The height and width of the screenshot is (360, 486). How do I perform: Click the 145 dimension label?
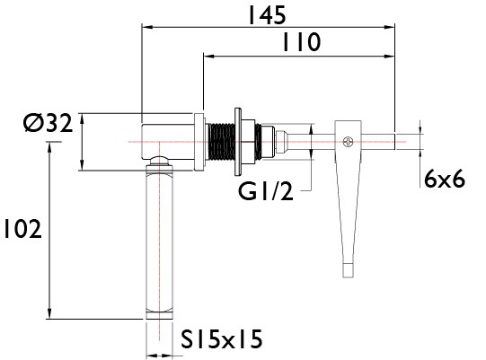click(267, 15)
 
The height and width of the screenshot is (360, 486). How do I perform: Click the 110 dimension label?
click(302, 42)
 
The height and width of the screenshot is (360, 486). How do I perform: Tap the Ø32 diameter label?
click(48, 123)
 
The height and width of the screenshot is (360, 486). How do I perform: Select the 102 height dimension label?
click(22, 229)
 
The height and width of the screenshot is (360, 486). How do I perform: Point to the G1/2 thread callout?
click(266, 191)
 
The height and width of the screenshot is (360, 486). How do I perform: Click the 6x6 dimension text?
click(445, 179)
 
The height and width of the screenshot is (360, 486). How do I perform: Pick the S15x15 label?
click(222, 339)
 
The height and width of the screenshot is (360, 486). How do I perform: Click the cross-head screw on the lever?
click(348, 142)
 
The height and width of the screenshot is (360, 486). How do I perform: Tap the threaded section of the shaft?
click(221, 142)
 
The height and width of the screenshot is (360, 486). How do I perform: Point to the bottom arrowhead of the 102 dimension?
click(49, 313)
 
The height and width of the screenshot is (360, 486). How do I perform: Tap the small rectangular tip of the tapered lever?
click(348, 270)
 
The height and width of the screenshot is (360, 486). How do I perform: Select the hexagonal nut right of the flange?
click(248, 142)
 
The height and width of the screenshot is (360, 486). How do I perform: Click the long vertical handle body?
click(159, 241)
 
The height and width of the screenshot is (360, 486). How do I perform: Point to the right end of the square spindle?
click(394, 142)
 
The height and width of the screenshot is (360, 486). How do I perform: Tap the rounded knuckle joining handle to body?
click(159, 161)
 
